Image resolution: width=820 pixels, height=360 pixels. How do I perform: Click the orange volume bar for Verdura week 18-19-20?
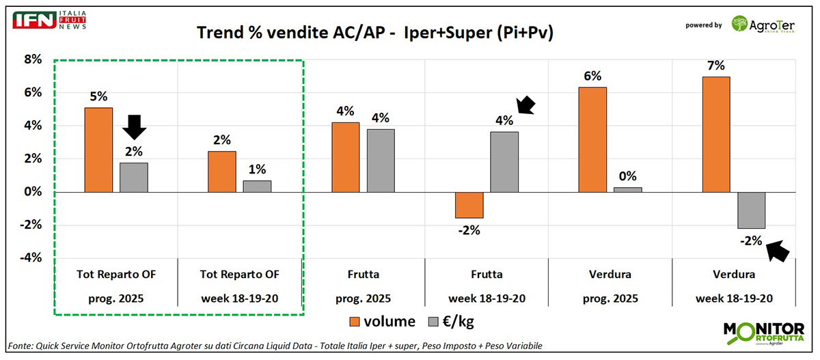pos(716,134)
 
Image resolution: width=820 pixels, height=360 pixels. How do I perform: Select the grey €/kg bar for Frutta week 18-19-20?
pos(504,162)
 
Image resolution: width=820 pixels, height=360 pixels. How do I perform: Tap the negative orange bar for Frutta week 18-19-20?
pos(469,205)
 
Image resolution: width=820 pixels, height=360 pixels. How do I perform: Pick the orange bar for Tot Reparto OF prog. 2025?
pos(98,150)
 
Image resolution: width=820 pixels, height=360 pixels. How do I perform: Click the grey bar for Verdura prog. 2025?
pos(628,189)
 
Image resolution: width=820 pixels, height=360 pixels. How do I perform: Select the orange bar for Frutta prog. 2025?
pos(346,157)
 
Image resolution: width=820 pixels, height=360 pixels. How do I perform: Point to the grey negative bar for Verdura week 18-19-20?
pos(751,210)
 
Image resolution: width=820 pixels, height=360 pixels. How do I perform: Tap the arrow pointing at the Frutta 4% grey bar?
pos(527,105)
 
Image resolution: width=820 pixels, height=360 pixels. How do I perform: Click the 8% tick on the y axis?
pos(33,59)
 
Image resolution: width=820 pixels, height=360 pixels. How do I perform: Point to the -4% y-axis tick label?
pos(31,258)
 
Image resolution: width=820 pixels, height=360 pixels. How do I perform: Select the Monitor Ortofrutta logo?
pos(763,333)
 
